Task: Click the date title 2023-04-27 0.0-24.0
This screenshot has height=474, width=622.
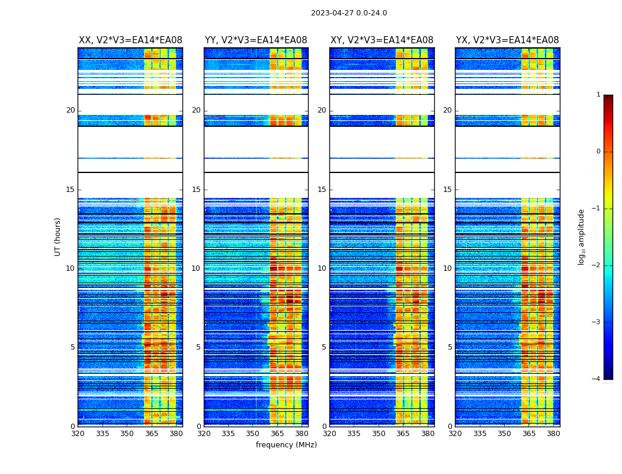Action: (x=349, y=13)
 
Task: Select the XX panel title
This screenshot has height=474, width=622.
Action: (x=130, y=40)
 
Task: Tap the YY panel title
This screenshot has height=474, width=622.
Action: (x=256, y=40)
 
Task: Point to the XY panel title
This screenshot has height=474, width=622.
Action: (x=381, y=40)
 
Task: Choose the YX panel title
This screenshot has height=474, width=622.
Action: (x=507, y=40)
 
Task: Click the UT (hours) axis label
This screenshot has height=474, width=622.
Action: (x=58, y=236)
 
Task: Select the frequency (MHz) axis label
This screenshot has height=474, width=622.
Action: (x=286, y=445)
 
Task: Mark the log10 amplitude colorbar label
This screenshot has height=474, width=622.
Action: (x=582, y=236)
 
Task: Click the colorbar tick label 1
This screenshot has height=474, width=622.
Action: (x=598, y=95)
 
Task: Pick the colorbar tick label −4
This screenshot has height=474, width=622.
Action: (x=597, y=379)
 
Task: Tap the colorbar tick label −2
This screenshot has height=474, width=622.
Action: (x=597, y=265)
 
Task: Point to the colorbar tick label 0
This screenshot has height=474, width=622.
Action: (x=598, y=152)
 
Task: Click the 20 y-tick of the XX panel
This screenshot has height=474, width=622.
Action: (x=70, y=110)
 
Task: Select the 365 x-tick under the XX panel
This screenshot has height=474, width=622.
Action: (x=152, y=434)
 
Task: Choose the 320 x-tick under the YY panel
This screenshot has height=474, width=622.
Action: (x=204, y=434)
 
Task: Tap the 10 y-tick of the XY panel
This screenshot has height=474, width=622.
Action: (x=322, y=268)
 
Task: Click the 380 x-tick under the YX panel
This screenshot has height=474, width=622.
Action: (x=553, y=434)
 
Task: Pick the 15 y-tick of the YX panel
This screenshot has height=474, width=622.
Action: (x=447, y=190)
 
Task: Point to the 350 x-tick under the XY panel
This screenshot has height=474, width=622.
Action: (x=379, y=434)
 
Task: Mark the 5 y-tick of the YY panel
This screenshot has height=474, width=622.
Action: (x=198, y=347)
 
